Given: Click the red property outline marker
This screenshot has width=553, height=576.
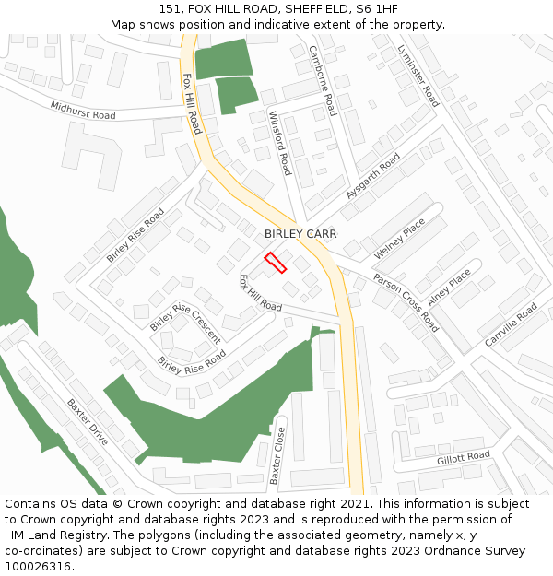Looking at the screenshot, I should [275, 262].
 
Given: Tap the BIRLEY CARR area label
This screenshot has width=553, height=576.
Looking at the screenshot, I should [300, 234].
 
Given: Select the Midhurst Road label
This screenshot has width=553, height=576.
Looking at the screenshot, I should [83, 111].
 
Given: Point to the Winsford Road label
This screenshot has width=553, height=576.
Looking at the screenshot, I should [279, 143].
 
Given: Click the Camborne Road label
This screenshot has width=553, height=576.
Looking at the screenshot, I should [324, 80].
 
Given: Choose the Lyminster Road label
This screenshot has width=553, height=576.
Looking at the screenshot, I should [418, 75].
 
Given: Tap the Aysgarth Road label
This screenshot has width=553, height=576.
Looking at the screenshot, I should [373, 177].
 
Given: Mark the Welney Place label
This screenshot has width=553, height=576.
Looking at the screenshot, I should [399, 239].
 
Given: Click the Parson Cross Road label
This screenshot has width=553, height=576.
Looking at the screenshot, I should [406, 301].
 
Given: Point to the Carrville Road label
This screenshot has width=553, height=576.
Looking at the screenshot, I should [511, 325].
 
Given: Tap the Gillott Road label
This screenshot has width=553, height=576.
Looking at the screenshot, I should [464, 457].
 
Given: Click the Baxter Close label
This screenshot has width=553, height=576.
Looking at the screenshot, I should [276, 455].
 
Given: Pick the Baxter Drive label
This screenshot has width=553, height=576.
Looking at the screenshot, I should [88, 421].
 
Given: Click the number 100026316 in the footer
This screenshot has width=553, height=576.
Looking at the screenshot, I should [37, 567].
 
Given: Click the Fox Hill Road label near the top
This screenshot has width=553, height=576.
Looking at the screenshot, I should [191, 103].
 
